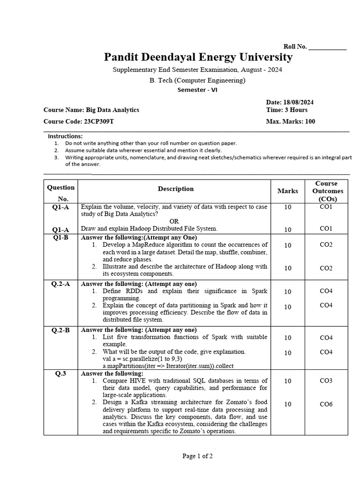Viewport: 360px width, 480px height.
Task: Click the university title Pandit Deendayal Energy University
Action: [198, 57]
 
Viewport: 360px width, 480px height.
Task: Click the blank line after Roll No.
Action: [328, 47]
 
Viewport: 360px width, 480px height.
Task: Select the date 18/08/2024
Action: [298, 102]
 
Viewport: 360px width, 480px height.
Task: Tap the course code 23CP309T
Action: [98, 121]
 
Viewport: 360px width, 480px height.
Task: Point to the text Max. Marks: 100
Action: [291, 121]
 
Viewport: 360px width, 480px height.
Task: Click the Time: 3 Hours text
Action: [287, 110]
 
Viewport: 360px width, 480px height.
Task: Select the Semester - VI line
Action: [197, 90]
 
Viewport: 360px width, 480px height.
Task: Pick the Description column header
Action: [175, 189]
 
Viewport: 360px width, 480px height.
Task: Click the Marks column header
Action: [287, 191]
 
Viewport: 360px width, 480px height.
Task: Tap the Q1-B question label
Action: [60, 237]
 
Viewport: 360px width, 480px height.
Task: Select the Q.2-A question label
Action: [60, 284]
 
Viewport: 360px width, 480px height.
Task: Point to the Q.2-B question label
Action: [60, 330]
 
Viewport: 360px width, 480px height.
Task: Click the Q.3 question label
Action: [60, 374]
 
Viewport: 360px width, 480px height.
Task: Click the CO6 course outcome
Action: [326, 404]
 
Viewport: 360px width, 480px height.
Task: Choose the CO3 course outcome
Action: [326, 381]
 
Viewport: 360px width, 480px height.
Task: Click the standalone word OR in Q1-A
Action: [174, 221]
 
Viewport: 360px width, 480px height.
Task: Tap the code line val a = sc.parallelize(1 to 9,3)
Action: [141, 359]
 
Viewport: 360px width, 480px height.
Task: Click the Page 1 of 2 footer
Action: [197, 456]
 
